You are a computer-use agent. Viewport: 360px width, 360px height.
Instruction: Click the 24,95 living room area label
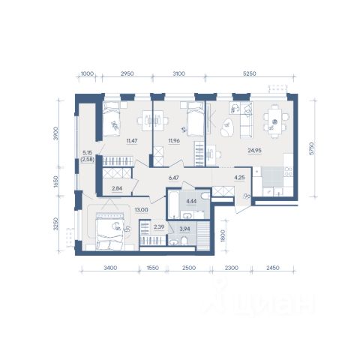click(x=254, y=151)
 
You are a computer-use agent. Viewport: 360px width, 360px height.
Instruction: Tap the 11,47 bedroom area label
click(x=132, y=141)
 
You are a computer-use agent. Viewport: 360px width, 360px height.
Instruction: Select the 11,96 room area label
click(x=174, y=141)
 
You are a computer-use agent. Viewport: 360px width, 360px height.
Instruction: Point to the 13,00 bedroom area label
click(x=142, y=210)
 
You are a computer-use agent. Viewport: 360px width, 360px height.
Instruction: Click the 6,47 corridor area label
click(x=174, y=178)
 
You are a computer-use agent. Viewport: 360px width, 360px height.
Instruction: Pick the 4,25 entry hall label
click(x=239, y=178)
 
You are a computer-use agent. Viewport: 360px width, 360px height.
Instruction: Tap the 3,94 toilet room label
click(x=184, y=228)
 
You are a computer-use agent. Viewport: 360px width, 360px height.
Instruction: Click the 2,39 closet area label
click(x=159, y=227)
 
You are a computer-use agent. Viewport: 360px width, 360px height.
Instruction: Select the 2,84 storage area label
click(x=117, y=188)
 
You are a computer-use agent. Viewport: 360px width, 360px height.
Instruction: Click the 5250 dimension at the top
click(x=250, y=73)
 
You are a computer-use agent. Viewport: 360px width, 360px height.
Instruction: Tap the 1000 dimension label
click(x=88, y=73)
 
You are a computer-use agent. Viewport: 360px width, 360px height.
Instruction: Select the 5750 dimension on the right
click(x=311, y=148)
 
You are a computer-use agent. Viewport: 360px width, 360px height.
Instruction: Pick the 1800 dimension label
click(x=223, y=235)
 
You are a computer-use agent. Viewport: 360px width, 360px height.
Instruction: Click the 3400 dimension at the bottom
click(x=110, y=268)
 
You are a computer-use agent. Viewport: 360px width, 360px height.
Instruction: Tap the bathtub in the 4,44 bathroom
click(x=173, y=205)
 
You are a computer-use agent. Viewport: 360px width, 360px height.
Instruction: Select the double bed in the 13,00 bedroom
click(x=110, y=232)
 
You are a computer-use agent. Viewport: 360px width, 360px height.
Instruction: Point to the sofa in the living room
click(x=246, y=120)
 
